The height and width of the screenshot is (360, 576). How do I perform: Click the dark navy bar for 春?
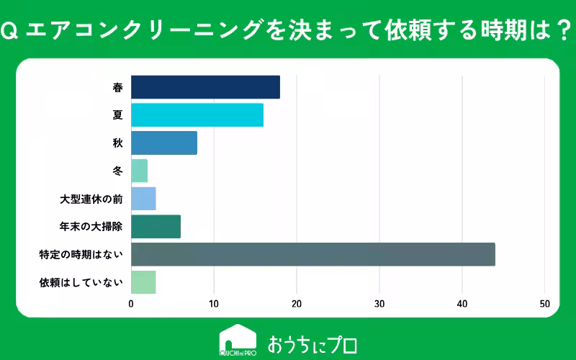click(x=205, y=87)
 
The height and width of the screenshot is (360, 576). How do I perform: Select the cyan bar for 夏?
click(x=197, y=115)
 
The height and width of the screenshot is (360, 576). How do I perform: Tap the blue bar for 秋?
click(x=164, y=143)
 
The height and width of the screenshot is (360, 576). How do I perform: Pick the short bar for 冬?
click(x=139, y=171)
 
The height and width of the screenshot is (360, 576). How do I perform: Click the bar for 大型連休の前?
click(x=143, y=199)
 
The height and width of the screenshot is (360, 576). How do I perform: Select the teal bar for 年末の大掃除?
click(x=156, y=227)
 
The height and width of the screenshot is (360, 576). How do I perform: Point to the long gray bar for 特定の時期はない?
click(x=312, y=254)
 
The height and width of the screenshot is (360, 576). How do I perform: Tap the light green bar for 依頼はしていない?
click(x=143, y=282)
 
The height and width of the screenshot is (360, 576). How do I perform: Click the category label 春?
click(x=117, y=88)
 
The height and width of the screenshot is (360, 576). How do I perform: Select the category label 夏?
click(x=117, y=115)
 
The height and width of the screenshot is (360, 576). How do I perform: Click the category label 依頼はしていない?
click(x=81, y=282)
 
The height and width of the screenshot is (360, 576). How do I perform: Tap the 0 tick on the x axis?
click(x=131, y=304)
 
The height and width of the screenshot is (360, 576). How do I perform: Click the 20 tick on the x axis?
click(x=297, y=304)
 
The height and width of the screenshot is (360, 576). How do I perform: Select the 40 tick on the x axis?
click(x=462, y=304)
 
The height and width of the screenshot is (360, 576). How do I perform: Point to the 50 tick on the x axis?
click(x=545, y=304)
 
